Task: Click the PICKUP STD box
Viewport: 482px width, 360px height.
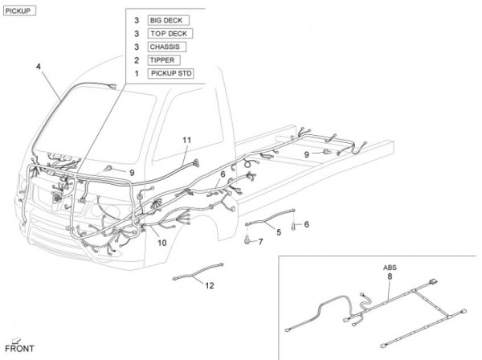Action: [170, 74]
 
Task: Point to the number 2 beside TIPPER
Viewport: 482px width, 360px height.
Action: [137, 60]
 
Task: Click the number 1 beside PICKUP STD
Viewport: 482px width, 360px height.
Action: [137, 74]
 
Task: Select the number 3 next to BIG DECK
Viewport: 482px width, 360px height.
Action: [137, 18]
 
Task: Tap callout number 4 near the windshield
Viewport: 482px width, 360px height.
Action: [38, 67]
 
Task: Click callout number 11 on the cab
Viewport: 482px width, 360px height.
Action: [186, 140]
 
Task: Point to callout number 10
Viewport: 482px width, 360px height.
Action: [161, 242]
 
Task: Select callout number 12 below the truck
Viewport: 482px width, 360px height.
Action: [209, 284]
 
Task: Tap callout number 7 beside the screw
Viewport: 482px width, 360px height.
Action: [259, 240]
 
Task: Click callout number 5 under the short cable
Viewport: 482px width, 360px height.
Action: [278, 232]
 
